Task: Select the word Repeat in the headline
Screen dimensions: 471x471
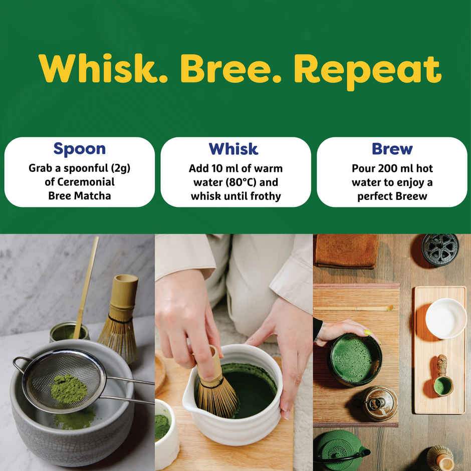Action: pyautogui.click(x=368, y=69)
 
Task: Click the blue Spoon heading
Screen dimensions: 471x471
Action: pyautogui.click(x=80, y=149)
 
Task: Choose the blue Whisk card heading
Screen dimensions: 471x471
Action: pyautogui.click(x=233, y=149)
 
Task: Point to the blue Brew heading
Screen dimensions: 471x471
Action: pyautogui.click(x=392, y=149)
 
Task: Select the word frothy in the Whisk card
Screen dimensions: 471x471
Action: pyautogui.click(x=263, y=196)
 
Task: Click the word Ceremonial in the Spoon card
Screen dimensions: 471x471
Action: pyautogui.click(x=80, y=182)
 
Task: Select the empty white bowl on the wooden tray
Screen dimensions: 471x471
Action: pyautogui.click(x=445, y=318)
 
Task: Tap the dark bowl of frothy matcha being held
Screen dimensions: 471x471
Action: pyautogui.click(x=355, y=359)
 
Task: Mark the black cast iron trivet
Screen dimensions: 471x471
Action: pyautogui.click(x=440, y=250)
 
